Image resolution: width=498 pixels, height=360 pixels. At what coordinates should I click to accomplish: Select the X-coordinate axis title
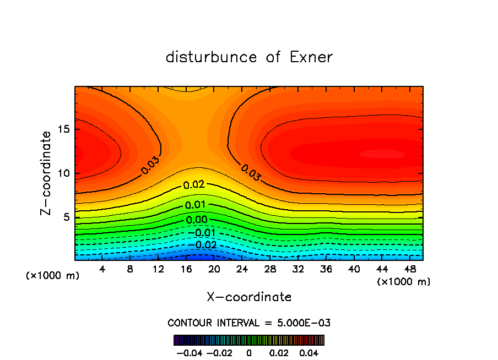[x=249, y=297]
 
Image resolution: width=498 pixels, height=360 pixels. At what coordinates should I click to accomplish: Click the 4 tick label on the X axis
[x=102, y=269]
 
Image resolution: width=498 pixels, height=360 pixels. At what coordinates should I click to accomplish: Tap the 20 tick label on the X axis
[x=214, y=269]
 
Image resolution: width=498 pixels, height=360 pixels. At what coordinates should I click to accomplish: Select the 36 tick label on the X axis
[x=326, y=269]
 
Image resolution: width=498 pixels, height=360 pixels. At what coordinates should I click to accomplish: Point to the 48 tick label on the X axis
[x=410, y=269]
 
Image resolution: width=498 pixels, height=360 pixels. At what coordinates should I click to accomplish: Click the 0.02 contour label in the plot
[x=194, y=185]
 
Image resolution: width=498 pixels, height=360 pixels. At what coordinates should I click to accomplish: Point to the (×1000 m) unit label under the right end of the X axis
[x=404, y=281]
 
